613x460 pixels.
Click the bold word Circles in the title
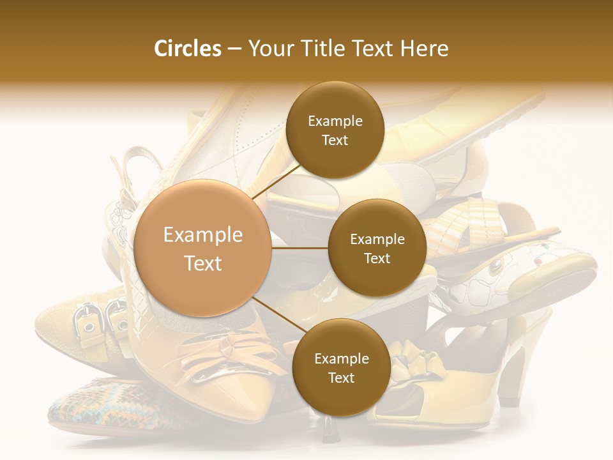point(187,49)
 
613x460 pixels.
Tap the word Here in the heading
point(424,49)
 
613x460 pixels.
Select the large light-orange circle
point(202,249)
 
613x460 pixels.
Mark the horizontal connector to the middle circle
point(299,248)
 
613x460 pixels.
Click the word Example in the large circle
point(202,235)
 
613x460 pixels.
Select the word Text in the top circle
point(335,140)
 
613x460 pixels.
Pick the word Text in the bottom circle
point(341,378)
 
